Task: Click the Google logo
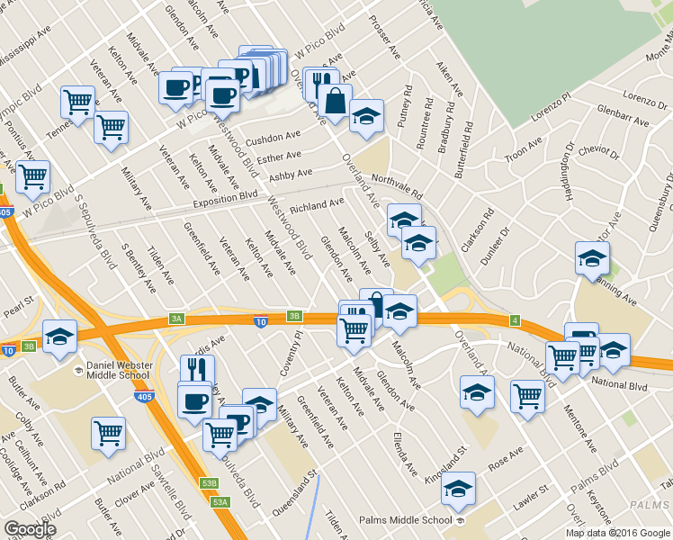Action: (30, 529)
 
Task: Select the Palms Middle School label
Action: (405, 520)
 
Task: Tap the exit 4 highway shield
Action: (514, 319)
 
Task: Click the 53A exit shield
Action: (220, 501)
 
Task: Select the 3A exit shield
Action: (176, 318)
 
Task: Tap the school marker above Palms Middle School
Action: (458, 489)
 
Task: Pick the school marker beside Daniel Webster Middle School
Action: (59, 337)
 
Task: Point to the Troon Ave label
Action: (524, 148)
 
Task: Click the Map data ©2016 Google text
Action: (617, 532)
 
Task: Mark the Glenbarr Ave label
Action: (623, 114)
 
